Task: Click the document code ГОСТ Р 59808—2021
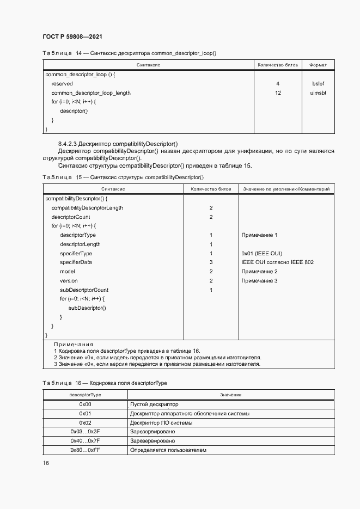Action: pos(72,36)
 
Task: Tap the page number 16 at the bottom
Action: pos(46,463)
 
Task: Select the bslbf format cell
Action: pos(318,84)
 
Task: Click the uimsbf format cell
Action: pos(318,93)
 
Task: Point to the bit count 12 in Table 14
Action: pos(278,93)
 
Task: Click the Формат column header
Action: pos(318,65)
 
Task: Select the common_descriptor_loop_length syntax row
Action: pos(91,93)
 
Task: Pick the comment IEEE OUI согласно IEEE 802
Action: pos(277,262)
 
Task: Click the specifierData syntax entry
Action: pos(76,262)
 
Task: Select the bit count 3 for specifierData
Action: pos(211,262)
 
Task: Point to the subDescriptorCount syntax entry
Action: pos(84,290)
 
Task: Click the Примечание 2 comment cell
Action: pos(259,272)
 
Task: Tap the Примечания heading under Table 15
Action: pos(74,345)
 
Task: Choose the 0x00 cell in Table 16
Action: pos(85,404)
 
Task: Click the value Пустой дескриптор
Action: pos(154,404)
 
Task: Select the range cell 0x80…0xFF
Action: pos(85,450)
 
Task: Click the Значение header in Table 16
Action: pos(230,394)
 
